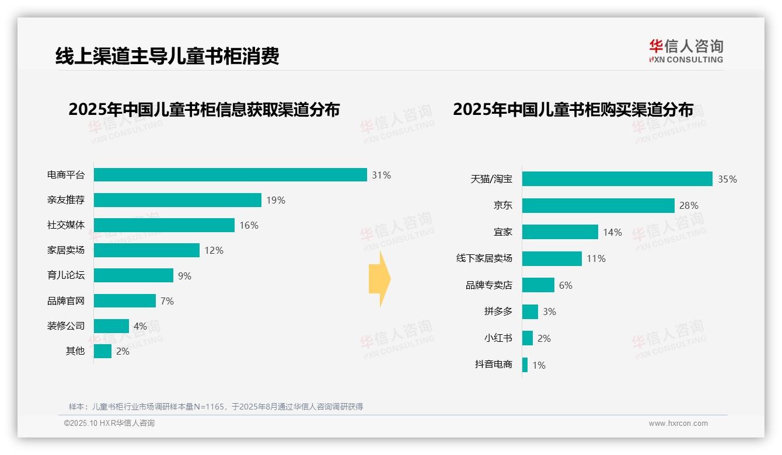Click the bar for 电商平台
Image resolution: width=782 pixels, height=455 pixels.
click(230, 175)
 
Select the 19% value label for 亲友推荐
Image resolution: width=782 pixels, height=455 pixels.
click(275, 200)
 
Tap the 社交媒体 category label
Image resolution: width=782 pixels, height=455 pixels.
click(66, 225)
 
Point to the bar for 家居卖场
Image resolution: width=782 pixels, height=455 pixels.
click(146, 250)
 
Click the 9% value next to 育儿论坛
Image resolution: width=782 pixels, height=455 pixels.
click(184, 276)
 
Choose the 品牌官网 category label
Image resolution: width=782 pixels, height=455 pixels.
click(66, 301)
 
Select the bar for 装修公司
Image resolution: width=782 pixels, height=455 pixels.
click(111, 326)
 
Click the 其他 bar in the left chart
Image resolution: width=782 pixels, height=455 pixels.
click(103, 351)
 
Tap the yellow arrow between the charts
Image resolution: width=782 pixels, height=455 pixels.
click(379, 279)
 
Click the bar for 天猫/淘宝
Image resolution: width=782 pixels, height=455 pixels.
click(617, 179)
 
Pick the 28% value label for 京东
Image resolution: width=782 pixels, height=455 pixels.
click(689, 205)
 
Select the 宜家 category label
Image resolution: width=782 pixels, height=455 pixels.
click(502, 232)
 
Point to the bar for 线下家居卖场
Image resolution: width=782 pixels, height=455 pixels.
click(551, 258)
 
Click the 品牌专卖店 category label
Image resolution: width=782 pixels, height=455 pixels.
click(488, 285)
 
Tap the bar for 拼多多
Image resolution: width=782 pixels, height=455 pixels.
click(530, 311)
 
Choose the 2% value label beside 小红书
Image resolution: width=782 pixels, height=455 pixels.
click(544, 338)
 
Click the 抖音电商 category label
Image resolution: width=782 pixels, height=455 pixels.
click(493, 365)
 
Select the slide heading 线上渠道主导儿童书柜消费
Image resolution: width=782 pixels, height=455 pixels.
click(167, 55)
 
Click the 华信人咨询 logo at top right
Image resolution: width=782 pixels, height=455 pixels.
click(686, 51)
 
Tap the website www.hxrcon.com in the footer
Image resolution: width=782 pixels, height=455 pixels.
click(678, 423)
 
